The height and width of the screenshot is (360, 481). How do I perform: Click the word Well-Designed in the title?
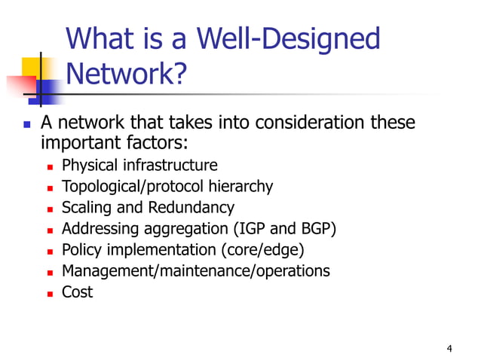286,38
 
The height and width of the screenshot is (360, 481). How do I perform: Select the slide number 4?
449,348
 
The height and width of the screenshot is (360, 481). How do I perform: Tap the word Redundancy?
191,207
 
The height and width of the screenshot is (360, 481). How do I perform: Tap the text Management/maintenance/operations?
195,270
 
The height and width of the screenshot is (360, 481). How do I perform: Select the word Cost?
77,291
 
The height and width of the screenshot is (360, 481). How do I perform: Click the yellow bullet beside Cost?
50,293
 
